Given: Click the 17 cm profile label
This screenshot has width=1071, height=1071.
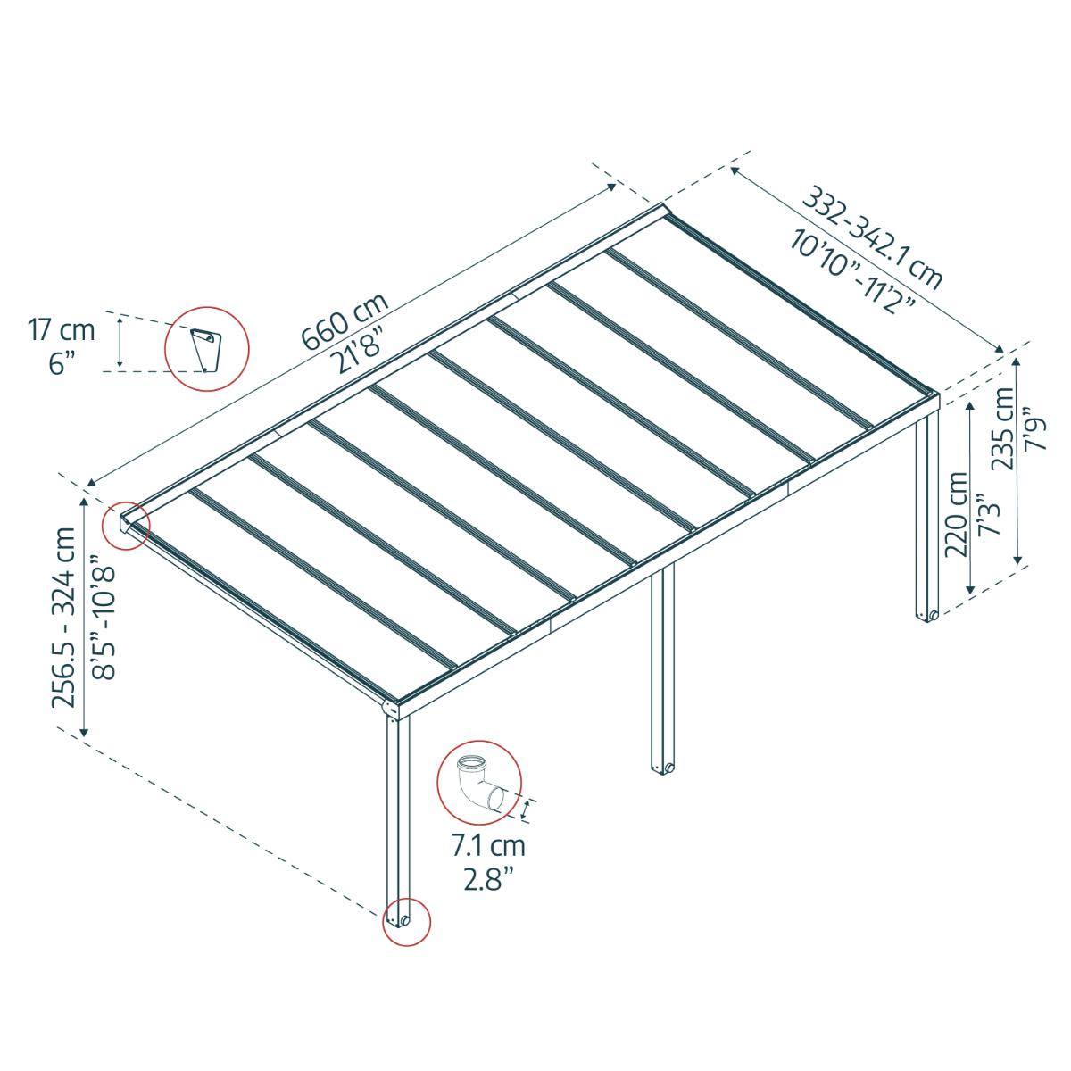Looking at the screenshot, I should [x=61, y=330].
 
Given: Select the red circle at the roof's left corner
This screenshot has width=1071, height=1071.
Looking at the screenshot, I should [x=126, y=525].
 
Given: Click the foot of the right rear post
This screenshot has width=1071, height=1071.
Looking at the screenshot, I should [x=926, y=614].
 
